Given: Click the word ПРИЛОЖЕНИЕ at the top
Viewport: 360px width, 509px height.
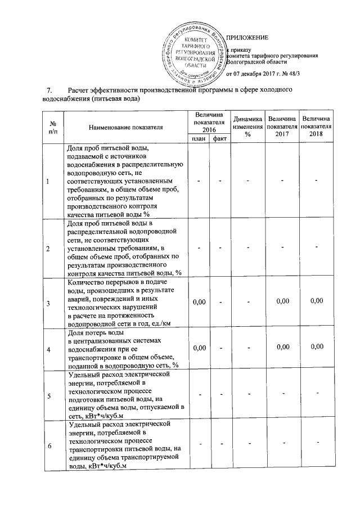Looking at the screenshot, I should pos(247,38).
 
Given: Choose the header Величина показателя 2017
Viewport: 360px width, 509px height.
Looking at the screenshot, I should pos(282,127).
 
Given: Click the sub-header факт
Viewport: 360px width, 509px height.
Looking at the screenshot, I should pos(218,139).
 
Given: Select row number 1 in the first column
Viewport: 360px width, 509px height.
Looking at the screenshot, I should pos(48,181).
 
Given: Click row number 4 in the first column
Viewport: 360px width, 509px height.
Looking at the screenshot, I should pos(48,350).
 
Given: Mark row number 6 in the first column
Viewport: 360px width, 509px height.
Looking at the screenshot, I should pos(48,446).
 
